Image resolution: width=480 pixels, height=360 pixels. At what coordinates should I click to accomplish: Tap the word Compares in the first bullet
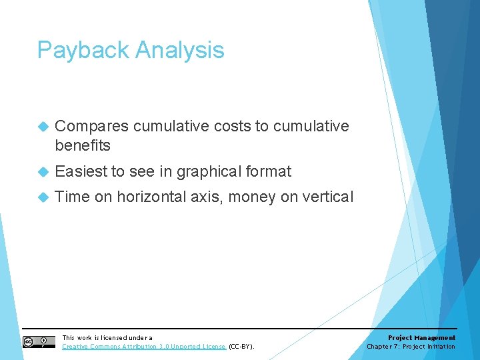point(91,127)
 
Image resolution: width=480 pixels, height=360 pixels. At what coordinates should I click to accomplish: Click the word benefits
point(83,145)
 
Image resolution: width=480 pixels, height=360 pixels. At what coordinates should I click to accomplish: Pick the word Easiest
point(81,171)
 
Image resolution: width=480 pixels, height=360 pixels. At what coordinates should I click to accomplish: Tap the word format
point(269,171)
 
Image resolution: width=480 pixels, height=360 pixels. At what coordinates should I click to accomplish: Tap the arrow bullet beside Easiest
point(44,171)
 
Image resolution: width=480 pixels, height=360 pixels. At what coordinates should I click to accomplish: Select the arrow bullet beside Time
point(44,197)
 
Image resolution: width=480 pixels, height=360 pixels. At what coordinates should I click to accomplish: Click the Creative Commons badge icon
point(39,342)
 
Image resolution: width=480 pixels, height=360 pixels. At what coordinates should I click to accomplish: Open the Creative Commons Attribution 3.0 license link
point(144,347)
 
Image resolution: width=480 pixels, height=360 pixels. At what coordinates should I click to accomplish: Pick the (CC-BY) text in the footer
point(241,347)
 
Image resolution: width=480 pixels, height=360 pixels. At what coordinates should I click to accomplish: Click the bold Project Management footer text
point(421,338)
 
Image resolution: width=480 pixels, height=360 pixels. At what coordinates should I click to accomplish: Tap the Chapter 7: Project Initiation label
point(411,347)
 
